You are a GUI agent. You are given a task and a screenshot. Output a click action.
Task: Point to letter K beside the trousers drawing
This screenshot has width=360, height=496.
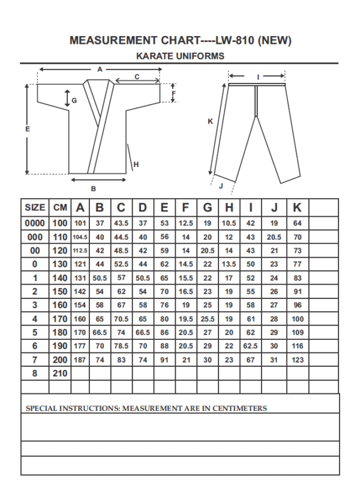click(210, 121)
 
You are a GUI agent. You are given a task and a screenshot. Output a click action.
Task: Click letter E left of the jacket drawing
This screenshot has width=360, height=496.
click(28, 128)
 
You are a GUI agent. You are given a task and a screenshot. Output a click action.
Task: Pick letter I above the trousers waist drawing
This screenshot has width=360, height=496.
click(258, 77)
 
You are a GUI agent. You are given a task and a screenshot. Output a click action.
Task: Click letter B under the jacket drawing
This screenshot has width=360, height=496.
click(93, 189)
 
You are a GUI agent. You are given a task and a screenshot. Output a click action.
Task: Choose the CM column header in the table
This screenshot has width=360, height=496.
click(60, 208)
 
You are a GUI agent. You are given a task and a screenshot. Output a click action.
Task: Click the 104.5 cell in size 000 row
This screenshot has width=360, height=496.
click(80, 237)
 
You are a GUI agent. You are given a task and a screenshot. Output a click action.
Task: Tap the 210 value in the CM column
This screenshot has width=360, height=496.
click(60, 373)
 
